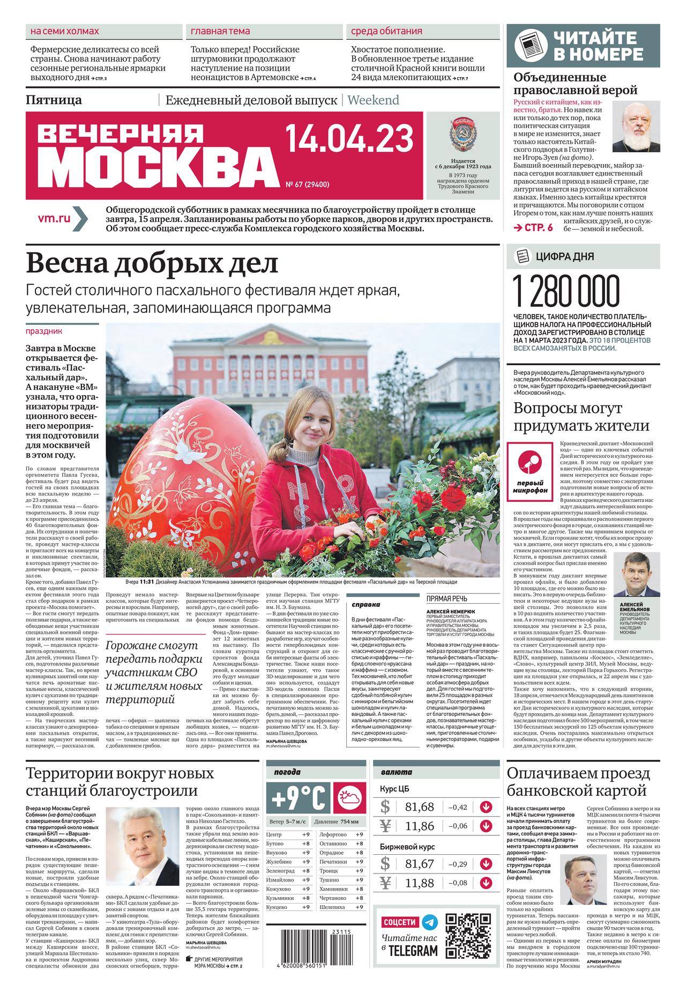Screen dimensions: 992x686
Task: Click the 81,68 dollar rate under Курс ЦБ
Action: coord(420,806)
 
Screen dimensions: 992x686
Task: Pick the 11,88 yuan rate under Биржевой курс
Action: coord(420,883)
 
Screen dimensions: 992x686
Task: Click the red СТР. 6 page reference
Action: coord(533,227)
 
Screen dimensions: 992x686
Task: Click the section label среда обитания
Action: coord(386,31)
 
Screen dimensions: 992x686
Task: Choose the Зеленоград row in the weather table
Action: coord(289,871)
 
